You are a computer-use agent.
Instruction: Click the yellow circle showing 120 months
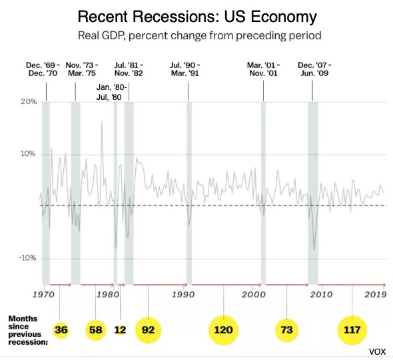click(x=224, y=330)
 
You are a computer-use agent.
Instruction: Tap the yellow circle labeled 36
click(x=61, y=330)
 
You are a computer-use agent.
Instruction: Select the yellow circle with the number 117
click(x=352, y=330)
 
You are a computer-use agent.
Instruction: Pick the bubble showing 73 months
click(x=287, y=330)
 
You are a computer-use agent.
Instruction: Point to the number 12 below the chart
click(x=120, y=330)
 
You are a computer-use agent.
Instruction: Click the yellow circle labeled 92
click(x=148, y=330)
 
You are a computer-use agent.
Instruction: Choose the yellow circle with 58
click(x=96, y=330)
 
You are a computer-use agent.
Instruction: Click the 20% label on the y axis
click(x=29, y=101)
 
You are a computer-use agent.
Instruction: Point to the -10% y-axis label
click(x=27, y=258)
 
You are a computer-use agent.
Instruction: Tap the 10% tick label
click(x=28, y=153)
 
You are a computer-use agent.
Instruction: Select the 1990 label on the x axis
click(x=183, y=295)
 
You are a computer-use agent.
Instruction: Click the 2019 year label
click(x=376, y=295)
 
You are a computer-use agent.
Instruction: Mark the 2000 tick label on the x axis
click(x=253, y=295)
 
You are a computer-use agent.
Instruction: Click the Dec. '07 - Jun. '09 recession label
click(x=314, y=69)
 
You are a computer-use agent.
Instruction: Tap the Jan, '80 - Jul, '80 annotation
click(x=111, y=92)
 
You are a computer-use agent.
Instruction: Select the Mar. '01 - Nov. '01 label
click(x=263, y=69)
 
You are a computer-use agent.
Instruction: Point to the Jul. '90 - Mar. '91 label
click(x=185, y=69)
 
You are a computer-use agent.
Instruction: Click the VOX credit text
click(x=377, y=352)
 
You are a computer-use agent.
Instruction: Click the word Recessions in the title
click(x=175, y=17)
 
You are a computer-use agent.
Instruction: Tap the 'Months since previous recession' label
click(x=28, y=330)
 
